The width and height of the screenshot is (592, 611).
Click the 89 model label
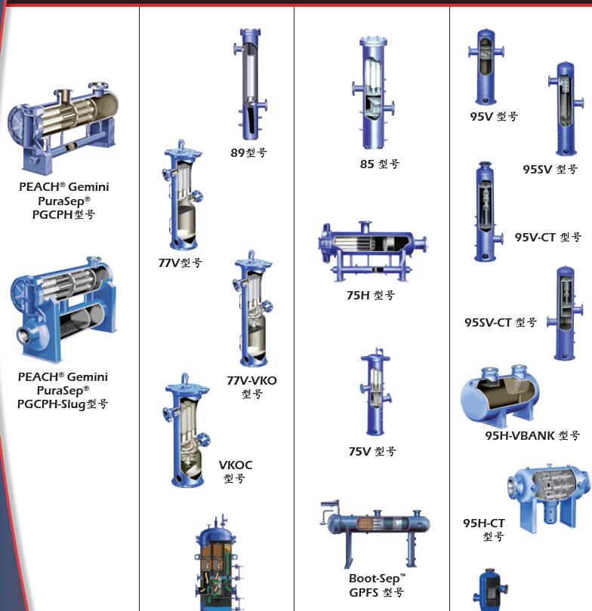click(x=248, y=152)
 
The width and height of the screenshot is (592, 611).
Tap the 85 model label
click(x=380, y=164)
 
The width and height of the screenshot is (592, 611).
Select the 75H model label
click(x=371, y=295)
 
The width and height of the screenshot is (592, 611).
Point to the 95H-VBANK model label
click(x=532, y=435)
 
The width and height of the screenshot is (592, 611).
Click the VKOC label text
click(x=235, y=465)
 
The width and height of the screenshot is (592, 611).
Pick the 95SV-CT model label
click(x=501, y=322)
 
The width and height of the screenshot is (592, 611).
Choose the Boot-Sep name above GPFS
click(x=377, y=579)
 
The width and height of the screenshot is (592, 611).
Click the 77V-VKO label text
click(x=251, y=380)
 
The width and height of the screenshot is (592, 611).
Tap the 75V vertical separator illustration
click(x=375, y=391)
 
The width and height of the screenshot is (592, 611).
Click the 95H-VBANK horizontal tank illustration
click(x=500, y=395)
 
